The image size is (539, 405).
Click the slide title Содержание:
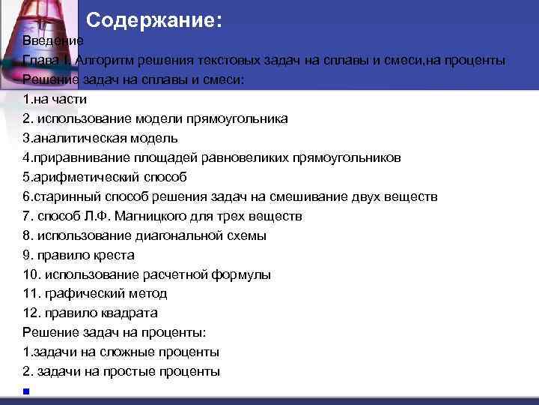(x=154, y=20)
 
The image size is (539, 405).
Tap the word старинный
(x=65, y=196)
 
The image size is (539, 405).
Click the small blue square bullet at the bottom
(x=25, y=391)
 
